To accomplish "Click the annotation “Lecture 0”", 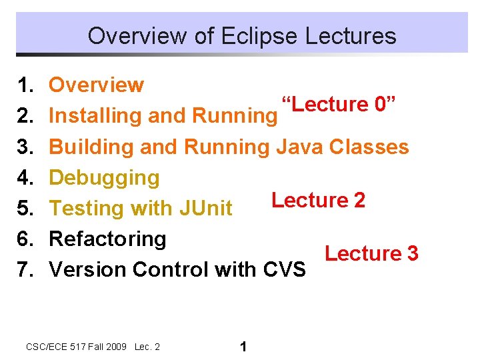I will tap(339, 105).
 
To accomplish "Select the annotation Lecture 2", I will tap(318, 200).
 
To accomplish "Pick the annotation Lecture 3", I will tap(371, 253).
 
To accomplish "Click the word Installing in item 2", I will tap(96, 116).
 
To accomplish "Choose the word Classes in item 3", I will tap(369, 147).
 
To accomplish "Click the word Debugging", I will tap(105, 177).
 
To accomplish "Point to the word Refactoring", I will tap(107, 239).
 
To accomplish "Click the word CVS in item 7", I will tap(284, 269).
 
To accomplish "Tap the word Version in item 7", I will tap(88, 269).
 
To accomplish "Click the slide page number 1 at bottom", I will tap(243, 347).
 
